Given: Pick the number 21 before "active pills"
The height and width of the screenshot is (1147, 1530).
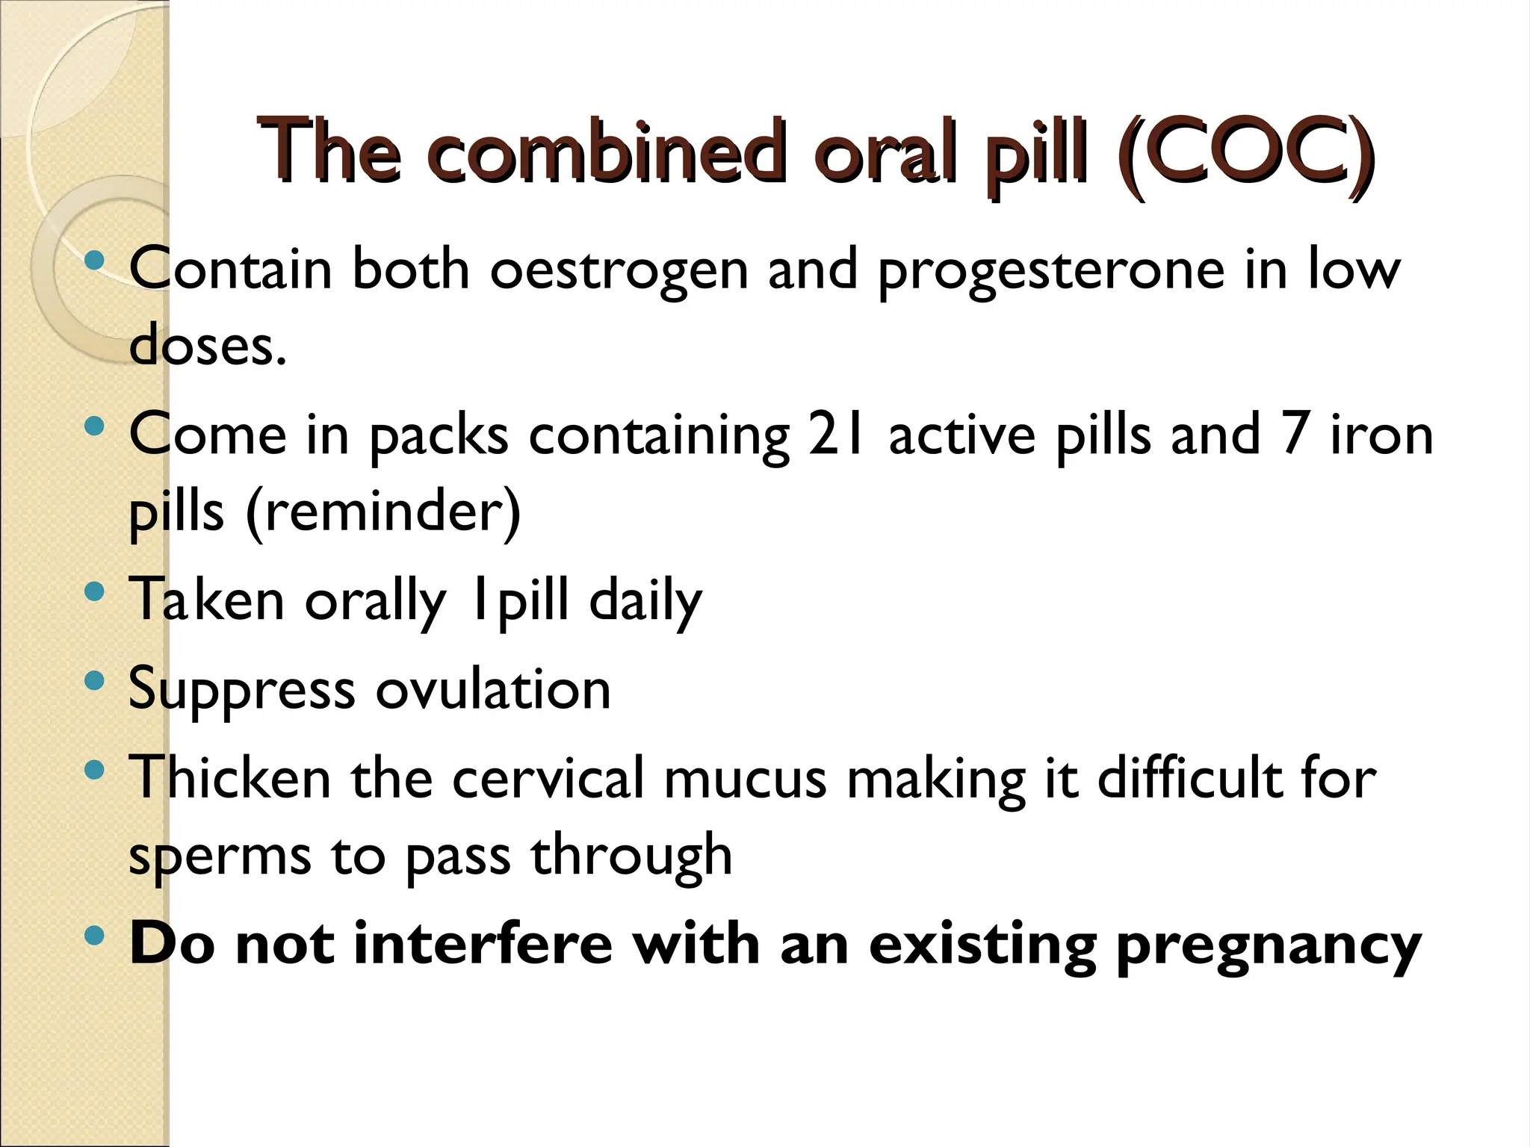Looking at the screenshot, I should pyautogui.click(x=838, y=435).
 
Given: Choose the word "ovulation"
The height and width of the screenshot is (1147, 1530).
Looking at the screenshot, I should pyautogui.click(x=493, y=689).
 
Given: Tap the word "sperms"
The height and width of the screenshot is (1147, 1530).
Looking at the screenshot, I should pyautogui.click(x=220, y=857).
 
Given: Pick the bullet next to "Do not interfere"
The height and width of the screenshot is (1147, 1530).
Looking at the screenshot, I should pyautogui.click(x=94, y=936).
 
